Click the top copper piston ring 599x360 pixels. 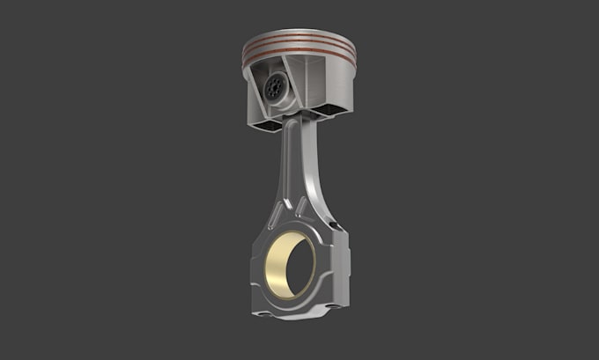[x=299, y=41]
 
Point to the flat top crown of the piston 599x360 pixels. [x=299, y=33]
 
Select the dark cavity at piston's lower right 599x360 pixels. [x=333, y=110]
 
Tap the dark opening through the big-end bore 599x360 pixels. [x=299, y=264]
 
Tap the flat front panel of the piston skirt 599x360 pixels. [x=324, y=84]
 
